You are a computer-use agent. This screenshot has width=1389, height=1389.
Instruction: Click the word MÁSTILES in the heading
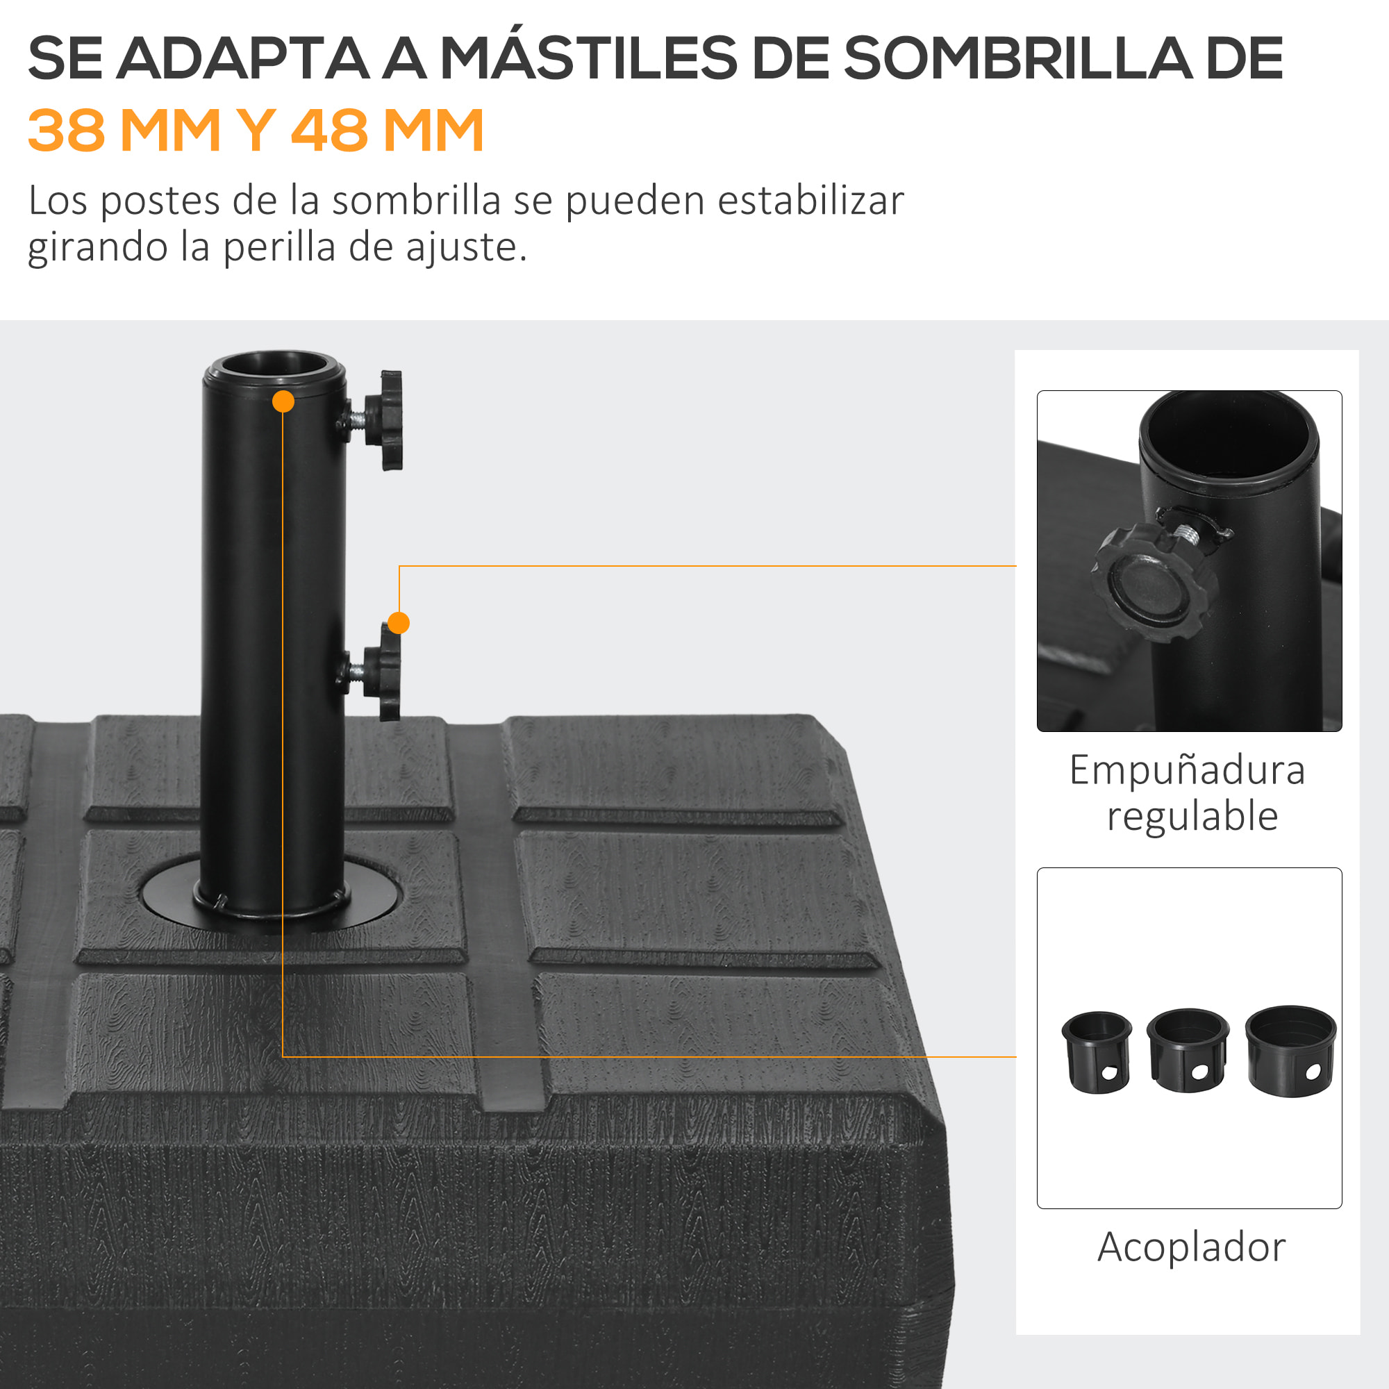point(588,58)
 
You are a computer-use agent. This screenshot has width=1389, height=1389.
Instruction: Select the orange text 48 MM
point(387,130)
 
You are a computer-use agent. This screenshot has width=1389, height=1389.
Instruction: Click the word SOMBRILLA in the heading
point(1017,58)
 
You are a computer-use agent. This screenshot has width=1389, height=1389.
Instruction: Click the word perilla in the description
point(279,247)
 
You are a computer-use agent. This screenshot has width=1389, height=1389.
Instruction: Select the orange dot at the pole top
point(283,402)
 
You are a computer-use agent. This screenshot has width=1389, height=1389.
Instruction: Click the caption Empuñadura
point(1187,770)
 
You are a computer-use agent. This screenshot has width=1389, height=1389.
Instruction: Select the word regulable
point(1192,816)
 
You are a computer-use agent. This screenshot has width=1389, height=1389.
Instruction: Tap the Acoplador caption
point(1191,1247)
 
